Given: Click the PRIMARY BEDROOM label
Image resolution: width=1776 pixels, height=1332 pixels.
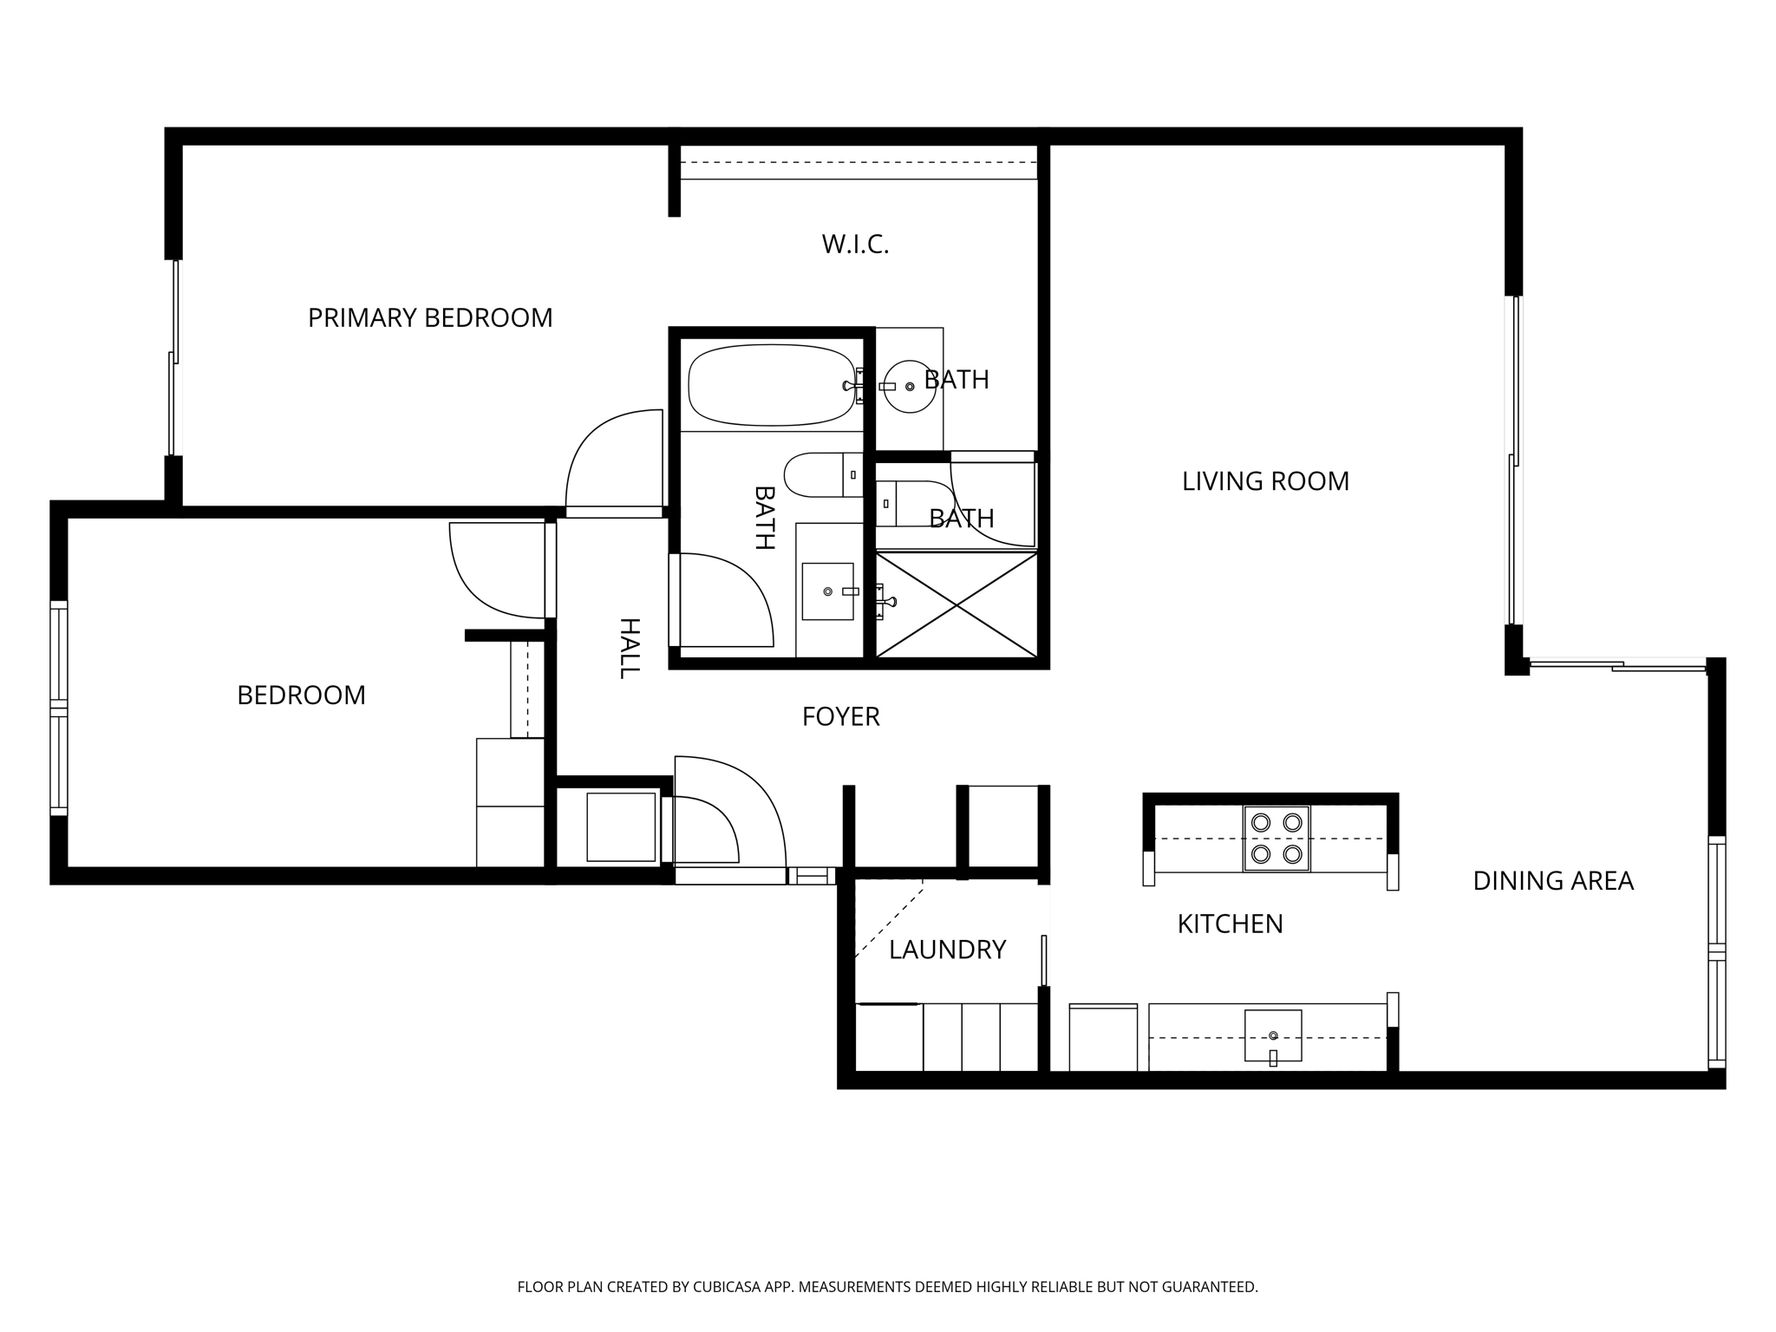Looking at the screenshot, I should click(x=430, y=318).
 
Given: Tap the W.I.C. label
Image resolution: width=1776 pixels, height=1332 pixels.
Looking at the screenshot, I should click(x=855, y=245).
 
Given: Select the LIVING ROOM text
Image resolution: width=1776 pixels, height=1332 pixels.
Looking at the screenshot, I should click(x=1265, y=481).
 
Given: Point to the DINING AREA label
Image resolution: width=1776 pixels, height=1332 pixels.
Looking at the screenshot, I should click(x=1552, y=881).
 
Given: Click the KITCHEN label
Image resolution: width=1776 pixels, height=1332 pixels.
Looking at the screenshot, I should click(x=1230, y=924).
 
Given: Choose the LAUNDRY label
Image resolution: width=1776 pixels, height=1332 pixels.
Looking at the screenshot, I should click(x=947, y=950).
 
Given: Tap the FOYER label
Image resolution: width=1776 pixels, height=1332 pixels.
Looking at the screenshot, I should click(x=840, y=717).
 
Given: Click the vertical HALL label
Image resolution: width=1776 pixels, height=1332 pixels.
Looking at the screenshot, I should click(x=629, y=648).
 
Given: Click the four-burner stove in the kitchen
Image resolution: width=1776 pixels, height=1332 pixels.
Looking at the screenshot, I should click(x=1276, y=839).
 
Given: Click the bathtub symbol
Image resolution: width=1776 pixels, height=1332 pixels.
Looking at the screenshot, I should click(x=770, y=385).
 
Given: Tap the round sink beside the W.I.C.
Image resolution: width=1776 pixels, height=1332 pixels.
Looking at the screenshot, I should click(x=908, y=387).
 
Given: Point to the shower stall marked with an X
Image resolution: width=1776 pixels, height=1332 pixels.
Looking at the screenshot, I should click(x=956, y=604).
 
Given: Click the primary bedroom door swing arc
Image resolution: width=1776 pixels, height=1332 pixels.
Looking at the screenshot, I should click(x=607, y=460).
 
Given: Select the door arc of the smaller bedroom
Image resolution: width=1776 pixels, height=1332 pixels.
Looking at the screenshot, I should click(x=494, y=572).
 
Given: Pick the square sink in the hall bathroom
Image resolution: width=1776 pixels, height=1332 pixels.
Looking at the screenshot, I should click(x=827, y=591).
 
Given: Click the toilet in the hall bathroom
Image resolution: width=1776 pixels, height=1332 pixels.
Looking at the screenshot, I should click(x=819, y=474).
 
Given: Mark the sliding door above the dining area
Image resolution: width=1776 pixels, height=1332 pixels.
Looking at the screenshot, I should click(x=1617, y=665).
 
